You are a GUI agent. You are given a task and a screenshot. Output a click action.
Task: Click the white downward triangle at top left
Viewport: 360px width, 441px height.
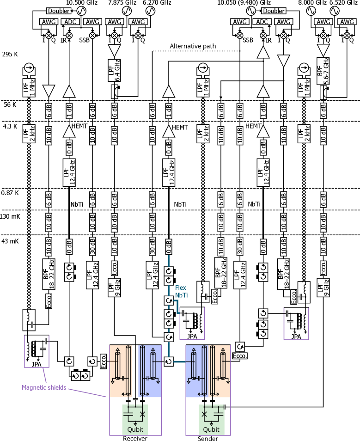[114, 50]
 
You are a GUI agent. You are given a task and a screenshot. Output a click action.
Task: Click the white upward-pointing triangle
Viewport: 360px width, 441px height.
[263, 53]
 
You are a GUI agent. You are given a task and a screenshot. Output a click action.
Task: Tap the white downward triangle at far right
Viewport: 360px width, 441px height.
[323, 49]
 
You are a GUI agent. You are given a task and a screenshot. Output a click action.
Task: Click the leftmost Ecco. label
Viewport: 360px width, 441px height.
[49, 301]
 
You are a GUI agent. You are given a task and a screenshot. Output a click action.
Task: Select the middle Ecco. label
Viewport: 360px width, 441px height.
[214, 296]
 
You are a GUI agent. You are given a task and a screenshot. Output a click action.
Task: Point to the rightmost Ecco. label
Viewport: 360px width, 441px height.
[293, 297]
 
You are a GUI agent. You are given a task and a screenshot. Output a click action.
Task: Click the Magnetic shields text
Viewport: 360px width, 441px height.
[44, 387]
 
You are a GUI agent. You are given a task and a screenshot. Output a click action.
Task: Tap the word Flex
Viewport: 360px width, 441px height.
[181, 288]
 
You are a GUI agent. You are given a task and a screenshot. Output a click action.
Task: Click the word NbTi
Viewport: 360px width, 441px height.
[181, 295]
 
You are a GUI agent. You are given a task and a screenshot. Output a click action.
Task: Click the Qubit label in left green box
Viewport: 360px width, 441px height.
[135, 429]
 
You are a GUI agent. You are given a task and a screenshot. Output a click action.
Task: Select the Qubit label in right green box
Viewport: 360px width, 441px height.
[211, 429]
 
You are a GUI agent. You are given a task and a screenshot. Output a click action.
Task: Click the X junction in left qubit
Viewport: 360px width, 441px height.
[142, 414]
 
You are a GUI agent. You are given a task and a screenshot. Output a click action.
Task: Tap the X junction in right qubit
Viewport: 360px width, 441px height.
[204, 414]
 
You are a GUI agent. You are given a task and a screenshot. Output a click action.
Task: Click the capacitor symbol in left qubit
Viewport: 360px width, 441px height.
[128, 414]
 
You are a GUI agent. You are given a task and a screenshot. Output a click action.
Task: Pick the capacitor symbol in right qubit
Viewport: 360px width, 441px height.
[219, 414]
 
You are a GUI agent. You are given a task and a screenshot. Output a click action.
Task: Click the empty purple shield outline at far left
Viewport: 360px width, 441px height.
[37, 351]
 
